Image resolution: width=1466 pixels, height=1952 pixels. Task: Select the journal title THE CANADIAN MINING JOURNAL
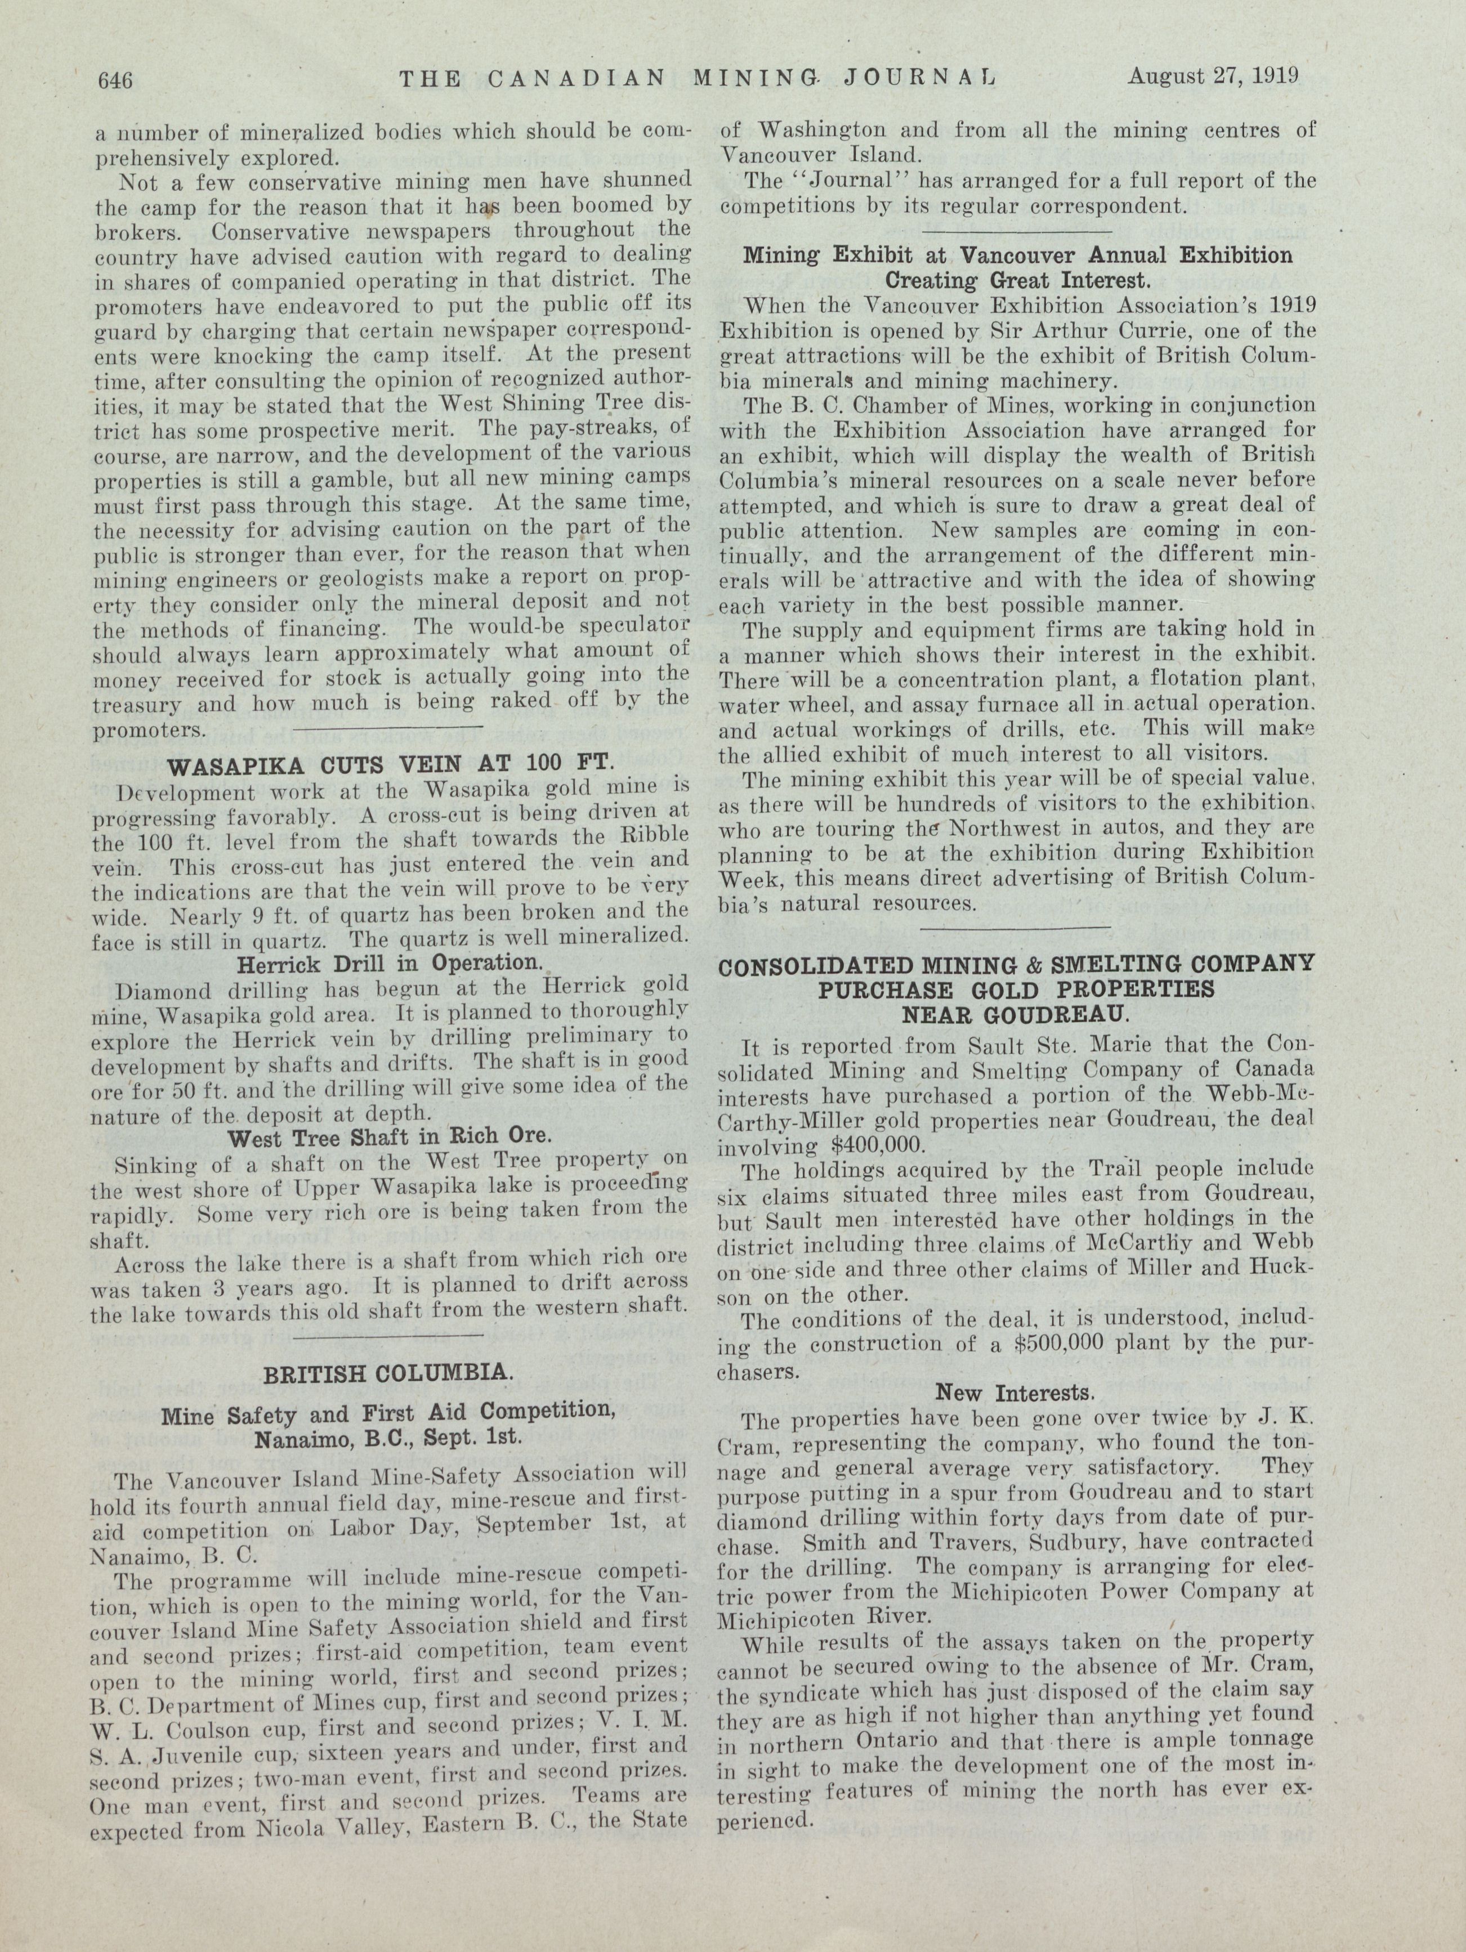(x=698, y=79)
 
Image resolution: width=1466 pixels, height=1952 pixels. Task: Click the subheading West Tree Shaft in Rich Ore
(x=389, y=1138)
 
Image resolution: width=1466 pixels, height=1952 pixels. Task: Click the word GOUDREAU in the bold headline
(x=1015, y=1015)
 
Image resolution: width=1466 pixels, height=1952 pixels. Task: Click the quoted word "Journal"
(x=852, y=182)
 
